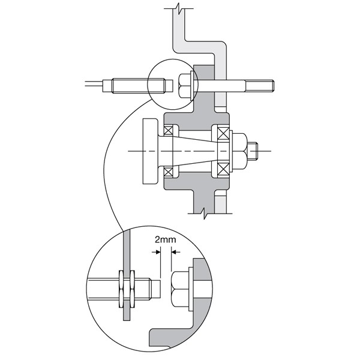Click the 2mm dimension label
click(166, 239)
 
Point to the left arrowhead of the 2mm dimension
click(158, 252)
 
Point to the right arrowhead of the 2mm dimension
click(173, 252)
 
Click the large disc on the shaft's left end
click(150, 151)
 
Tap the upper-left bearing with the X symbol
click(168, 131)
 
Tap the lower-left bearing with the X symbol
click(168, 172)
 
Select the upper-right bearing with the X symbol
click(223, 133)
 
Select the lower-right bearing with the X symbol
click(223, 169)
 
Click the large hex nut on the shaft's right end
click(240, 151)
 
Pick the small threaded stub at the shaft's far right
click(253, 151)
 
